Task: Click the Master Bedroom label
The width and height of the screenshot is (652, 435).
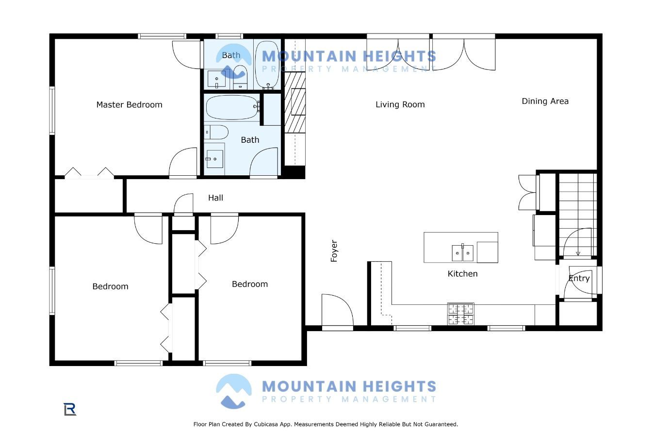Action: (x=129, y=104)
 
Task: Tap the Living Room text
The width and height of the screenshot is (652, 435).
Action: (x=400, y=104)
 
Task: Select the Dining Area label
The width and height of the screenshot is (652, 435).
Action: (x=545, y=101)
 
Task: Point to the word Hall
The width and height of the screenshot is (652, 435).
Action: (x=215, y=198)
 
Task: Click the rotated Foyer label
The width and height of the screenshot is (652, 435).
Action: (x=334, y=251)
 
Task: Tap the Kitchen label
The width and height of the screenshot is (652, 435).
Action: (x=462, y=274)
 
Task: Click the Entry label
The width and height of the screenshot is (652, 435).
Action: (x=579, y=279)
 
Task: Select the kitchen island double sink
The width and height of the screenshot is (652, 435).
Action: (x=462, y=253)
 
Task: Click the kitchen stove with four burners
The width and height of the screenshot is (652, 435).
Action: (x=461, y=314)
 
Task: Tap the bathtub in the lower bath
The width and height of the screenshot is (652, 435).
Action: (x=232, y=107)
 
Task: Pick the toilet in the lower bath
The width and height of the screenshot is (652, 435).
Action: (x=216, y=132)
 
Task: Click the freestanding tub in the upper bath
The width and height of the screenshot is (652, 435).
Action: (x=267, y=65)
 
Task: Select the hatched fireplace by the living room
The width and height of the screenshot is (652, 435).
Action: (x=295, y=102)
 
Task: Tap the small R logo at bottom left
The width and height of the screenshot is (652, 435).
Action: (x=70, y=409)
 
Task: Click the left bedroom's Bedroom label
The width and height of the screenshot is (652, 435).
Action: (x=110, y=286)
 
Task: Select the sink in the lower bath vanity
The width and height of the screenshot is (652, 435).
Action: (x=215, y=159)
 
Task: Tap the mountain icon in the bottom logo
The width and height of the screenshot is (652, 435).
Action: (x=234, y=391)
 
